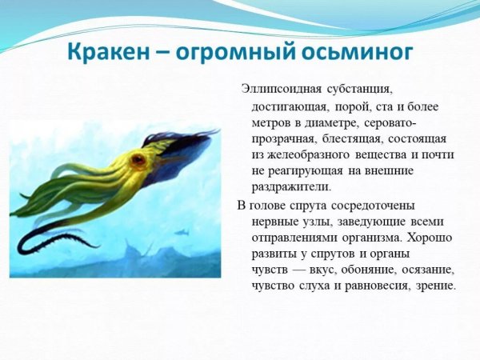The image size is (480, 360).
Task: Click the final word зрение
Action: pyautogui.click(x=436, y=286)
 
